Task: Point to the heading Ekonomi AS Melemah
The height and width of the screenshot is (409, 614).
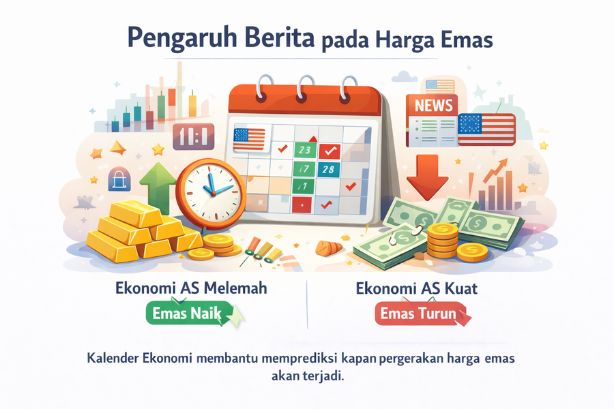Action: click(191, 288)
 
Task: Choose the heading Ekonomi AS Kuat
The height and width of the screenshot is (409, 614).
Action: click(416, 288)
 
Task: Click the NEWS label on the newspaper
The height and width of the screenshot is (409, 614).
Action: click(433, 104)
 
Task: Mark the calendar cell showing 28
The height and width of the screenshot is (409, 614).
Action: click(328, 169)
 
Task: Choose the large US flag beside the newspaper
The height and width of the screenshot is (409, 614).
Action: click(486, 130)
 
